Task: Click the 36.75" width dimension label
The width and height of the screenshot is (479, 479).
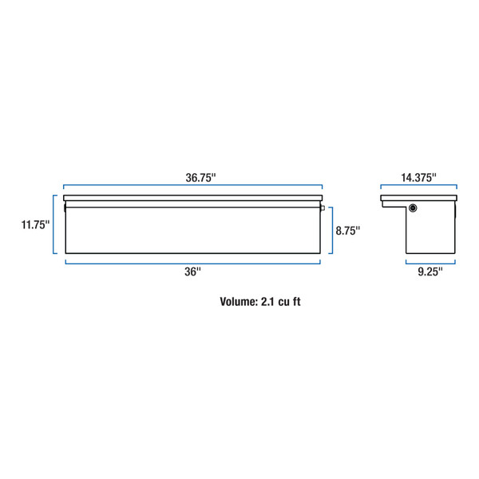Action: pyautogui.click(x=192, y=177)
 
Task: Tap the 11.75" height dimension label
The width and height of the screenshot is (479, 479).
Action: pyautogui.click(x=35, y=224)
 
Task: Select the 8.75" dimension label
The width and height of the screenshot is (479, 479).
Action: pyautogui.click(x=347, y=230)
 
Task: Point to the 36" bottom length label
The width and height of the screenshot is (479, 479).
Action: pyautogui.click(x=192, y=271)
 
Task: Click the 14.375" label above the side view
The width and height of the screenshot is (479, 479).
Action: pyautogui.click(x=419, y=177)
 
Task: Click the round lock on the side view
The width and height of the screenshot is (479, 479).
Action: pyautogui.click(x=414, y=208)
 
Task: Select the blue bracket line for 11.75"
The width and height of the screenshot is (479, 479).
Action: pyautogui.click(x=54, y=224)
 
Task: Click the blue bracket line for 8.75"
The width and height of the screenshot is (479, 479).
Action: pyautogui.click(x=331, y=230)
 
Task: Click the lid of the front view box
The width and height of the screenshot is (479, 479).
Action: pyautogui.click(x=192, y=197)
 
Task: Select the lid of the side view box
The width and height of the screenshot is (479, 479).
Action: pyautogui.click(x=419, y=198)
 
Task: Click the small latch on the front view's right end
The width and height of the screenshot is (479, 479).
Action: pyautogui.click(x=323, y=209)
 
